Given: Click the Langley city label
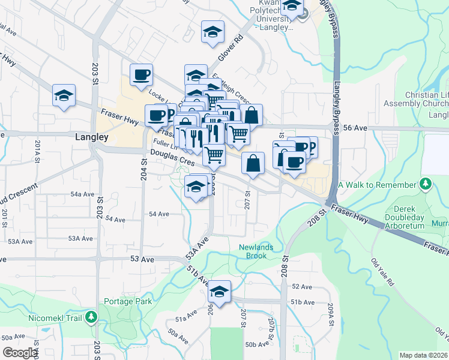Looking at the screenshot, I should (92, 137).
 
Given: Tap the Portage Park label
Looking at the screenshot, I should (128, 301).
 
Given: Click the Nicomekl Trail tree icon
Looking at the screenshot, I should (91, 316).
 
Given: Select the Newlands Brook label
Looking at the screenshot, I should (256, 251).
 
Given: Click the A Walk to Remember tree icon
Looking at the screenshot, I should (425, 183).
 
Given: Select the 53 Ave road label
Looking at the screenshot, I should (142, 259).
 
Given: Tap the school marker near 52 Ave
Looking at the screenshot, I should (220, 292).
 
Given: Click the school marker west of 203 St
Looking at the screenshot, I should (64, 95).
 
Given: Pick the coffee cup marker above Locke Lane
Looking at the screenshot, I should (141, 75).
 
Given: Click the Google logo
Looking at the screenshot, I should (20, 353).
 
